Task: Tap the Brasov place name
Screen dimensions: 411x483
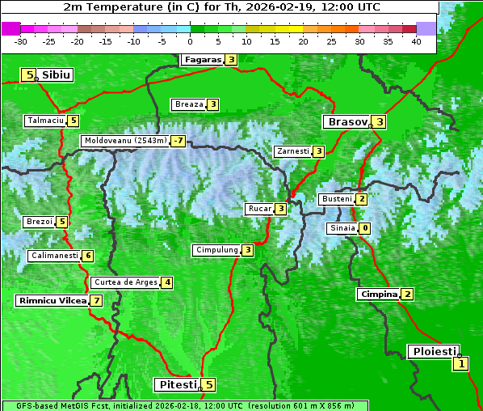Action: pyautogui.click(x=346, y=122)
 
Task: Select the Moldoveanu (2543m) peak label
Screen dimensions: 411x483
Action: pyautogui.click(x=125, y=141)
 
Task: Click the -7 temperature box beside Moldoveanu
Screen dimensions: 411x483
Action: pyautogui.click(x=178, y=141)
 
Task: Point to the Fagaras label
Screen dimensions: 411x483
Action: pyautogui.click(x=202, y=60)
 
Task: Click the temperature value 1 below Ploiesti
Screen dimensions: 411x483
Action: pyautogui.click(x=460, y=364)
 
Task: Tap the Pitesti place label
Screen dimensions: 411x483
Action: pyautogui.click(x=177, y=384)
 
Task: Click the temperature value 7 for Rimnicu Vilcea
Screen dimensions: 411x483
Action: pyautogui.click(x=96, y=301)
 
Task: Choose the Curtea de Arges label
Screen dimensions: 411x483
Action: pyautogui.click(x=124, y=282)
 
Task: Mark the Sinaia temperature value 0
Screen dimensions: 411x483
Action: pyautogui.click(x=365, y=228)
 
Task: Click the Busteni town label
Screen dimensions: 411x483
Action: pyautogui.click(x=336, y=199)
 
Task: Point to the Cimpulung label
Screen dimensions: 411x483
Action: pyautogui.click(x=216, y=250)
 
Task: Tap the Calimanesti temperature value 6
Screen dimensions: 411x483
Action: pyautogui.click(x=88, y=256)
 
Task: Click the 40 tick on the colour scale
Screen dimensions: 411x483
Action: pyautogui.click(x=416, y=40)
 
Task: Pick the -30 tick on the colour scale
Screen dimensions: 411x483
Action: pyautogui.click(x=22, y=40)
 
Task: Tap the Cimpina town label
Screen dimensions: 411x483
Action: pyautogui.click(x=379, y=294)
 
